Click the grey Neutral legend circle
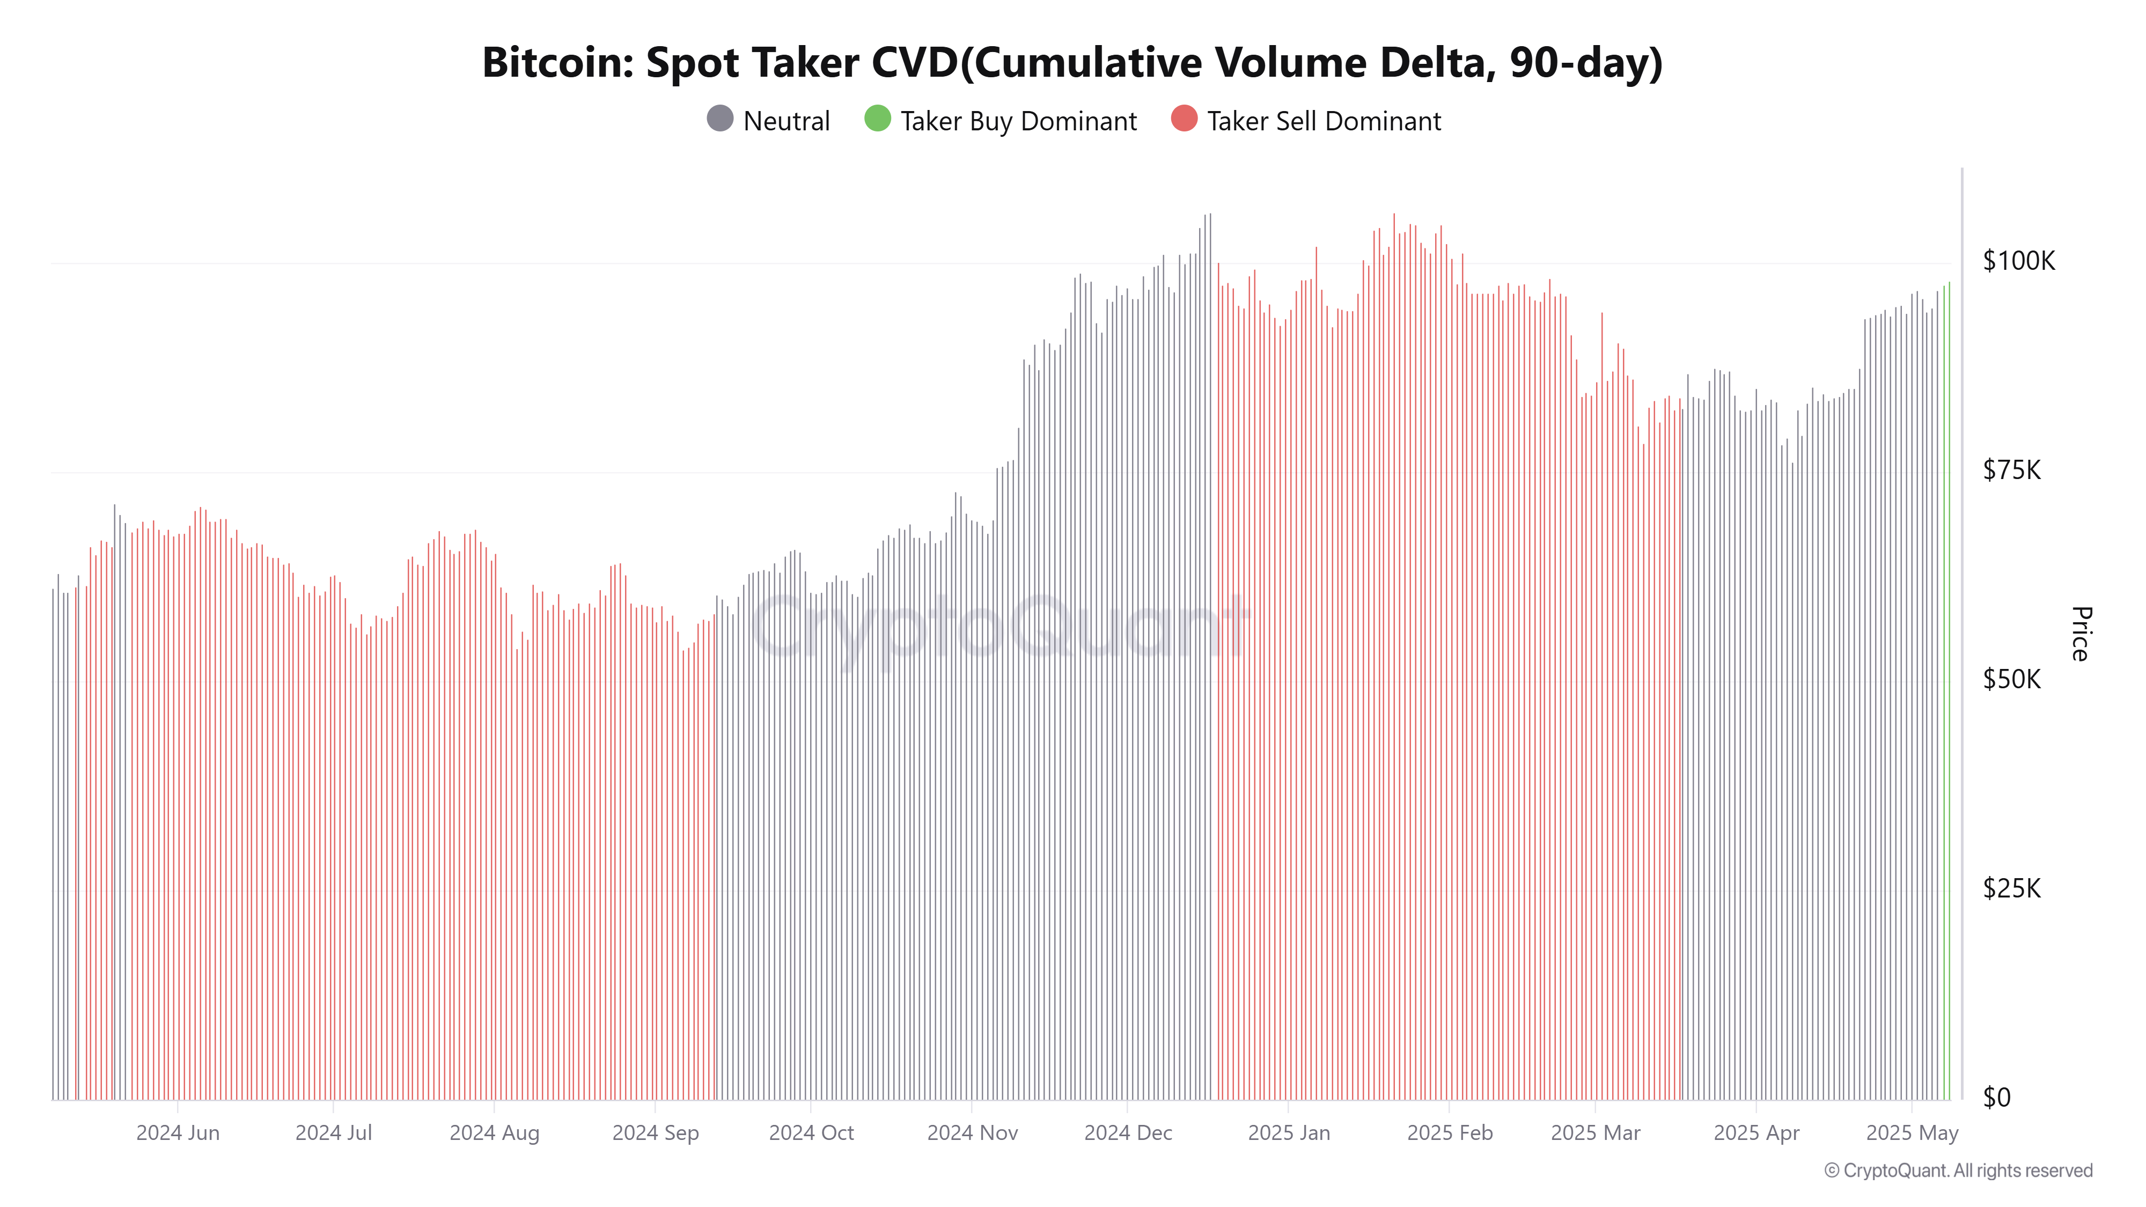pyautogui.click(x=720, y=119)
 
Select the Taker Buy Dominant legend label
pyautogui.click(x=1018, y=122)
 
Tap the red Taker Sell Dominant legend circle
pyautogui.click(x=1184, y=119)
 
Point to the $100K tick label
pyautogui.click(x=2018, y=262)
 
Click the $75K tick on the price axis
pyautogui.click(x=2011, y=470)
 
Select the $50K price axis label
pyautogui.click(x=2011, y=680)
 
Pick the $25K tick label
pyautogui.click(x=2011, y=889)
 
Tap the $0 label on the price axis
pyautogui.click(x=1997, y=1098)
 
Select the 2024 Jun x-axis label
pyautogui.click(x=178, y=1133)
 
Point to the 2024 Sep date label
pyautogui.click(x=655, y=1133)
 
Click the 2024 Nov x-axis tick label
pyautogui.click(x=972, y=1133)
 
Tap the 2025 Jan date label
pyautogui.click(x=1288, y=1133)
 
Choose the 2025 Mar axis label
pyautogui.click(x=1594, y=1133)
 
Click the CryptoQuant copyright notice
pyautogui.click(x=1958, y=1171)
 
